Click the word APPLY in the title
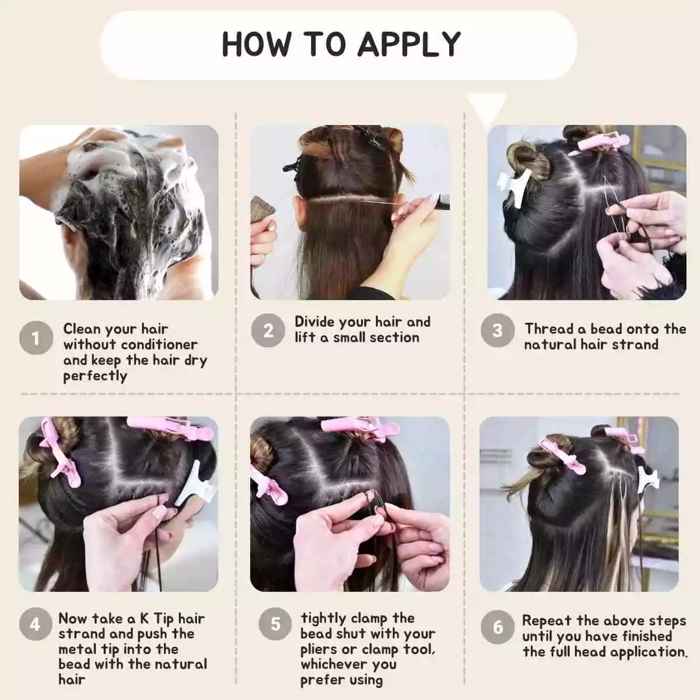[409, 44]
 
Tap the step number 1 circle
[36, 338]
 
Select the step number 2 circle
[268, 330]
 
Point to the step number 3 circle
[498, 330]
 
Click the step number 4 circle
[36, 624]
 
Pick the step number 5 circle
[275, 624]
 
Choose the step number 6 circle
[498, 627]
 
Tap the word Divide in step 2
[314, 321]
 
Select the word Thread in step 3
[548, 329]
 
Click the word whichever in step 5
[349, 664]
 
